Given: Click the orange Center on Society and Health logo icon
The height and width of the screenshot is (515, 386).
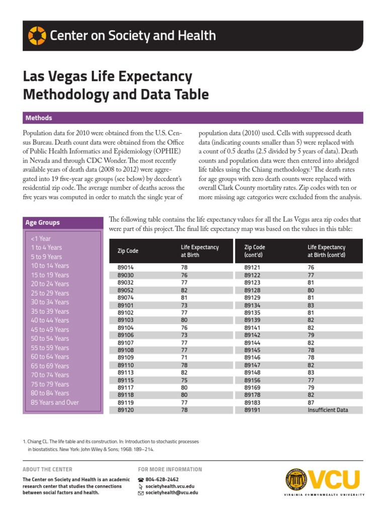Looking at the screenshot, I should click(37, 36).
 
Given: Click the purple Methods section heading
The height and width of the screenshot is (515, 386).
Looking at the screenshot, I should click(39, 118).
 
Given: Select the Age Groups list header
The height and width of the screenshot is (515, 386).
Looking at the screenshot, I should click(42, 223).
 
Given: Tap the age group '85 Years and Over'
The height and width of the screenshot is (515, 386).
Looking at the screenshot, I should click(55, 402).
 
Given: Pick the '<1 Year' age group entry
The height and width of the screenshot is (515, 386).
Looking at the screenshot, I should click(41, 238).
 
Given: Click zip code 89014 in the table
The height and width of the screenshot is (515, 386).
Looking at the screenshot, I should click(126, 268).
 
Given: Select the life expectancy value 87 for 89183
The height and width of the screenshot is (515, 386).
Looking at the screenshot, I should click(312, 403).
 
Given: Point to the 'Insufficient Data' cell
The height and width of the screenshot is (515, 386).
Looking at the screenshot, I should click(328, 410).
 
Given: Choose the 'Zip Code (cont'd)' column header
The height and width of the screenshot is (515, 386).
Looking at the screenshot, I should click(255, 251).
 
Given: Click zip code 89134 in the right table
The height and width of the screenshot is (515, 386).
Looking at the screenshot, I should click(252, 305).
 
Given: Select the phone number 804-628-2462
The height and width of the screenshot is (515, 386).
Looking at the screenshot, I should click(162, 480).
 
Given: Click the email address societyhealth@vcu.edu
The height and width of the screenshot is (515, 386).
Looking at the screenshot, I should click(171, 493).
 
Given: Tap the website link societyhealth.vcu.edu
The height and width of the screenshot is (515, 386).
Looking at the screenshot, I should click(169, 486).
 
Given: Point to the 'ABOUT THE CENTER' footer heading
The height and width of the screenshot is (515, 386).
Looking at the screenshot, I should click(47, 469).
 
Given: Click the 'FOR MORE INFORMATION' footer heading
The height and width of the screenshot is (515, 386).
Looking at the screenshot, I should click(170, 469).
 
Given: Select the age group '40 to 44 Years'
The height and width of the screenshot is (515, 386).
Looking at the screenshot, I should click(50, 320).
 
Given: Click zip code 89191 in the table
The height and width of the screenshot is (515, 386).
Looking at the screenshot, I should click(252, 410).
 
